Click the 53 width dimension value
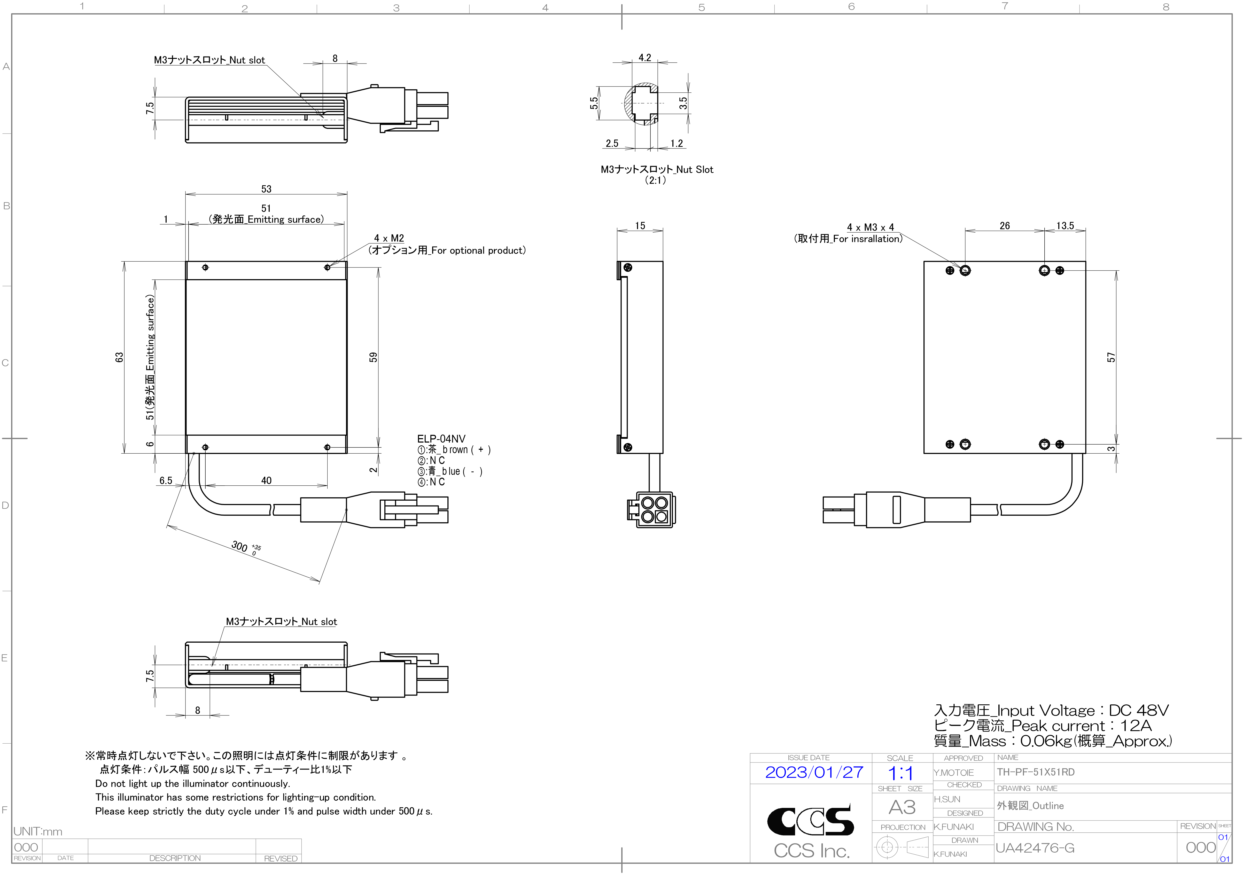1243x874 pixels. tap(266, 189)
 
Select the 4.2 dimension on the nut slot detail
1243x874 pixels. tap(645, 57)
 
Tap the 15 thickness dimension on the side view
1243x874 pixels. tap(640, 226)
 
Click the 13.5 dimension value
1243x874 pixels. tap(1065, 226)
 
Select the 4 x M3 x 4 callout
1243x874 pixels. tap(871, 227)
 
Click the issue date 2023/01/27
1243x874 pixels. tap(814, 772)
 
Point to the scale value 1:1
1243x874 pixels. tap(900, 773)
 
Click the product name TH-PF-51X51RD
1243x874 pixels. tap(1036, 772)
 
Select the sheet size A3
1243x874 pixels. tap(902, 807)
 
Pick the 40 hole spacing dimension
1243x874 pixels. tap(266, 481)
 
